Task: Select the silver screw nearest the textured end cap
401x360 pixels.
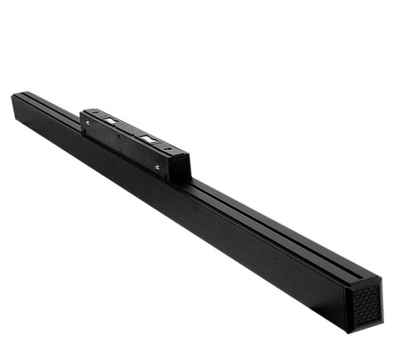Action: click(x=158, y=166)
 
